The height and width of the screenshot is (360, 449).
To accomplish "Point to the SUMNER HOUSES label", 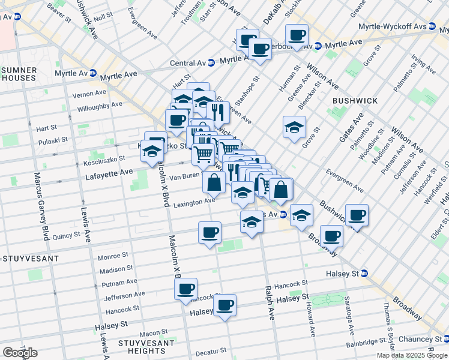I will (x=19, y=74).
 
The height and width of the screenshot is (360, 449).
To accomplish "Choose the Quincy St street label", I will (x=66, y=236).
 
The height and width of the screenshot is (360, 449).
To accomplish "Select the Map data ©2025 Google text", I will (x=411, y=355).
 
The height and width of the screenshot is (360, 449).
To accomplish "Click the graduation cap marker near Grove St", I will (x=294, y=127).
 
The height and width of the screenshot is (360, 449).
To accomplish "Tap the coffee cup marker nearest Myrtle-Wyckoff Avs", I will (x=297, y=34).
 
